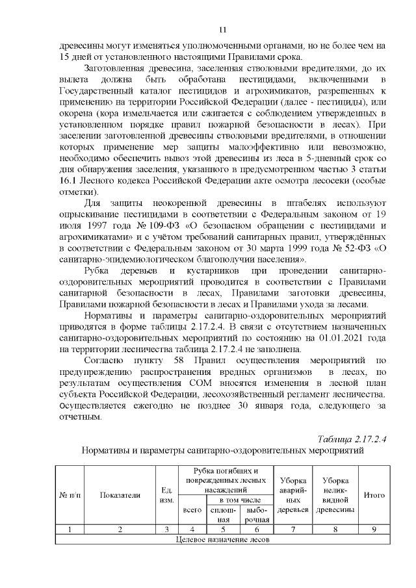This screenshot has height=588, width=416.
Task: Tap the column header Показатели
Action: [x=120, y=494]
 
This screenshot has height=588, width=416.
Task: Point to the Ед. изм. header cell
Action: [x=166, y=494]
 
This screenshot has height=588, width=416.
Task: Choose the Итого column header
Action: [x=374, y=494]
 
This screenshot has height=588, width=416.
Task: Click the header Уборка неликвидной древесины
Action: [x=335, y=494]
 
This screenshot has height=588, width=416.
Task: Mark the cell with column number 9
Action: [x=374, y=530]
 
